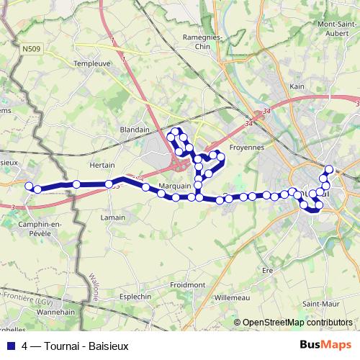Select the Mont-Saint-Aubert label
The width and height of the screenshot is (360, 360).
339,28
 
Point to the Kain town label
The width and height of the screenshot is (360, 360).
297,86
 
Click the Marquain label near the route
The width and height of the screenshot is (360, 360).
174,186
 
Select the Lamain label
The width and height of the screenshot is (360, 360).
112,217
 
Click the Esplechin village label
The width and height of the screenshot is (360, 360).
135,295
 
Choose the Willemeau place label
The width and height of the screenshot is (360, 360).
230,296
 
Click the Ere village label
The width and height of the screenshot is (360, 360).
268,270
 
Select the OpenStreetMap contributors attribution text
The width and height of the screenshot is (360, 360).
298,323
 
